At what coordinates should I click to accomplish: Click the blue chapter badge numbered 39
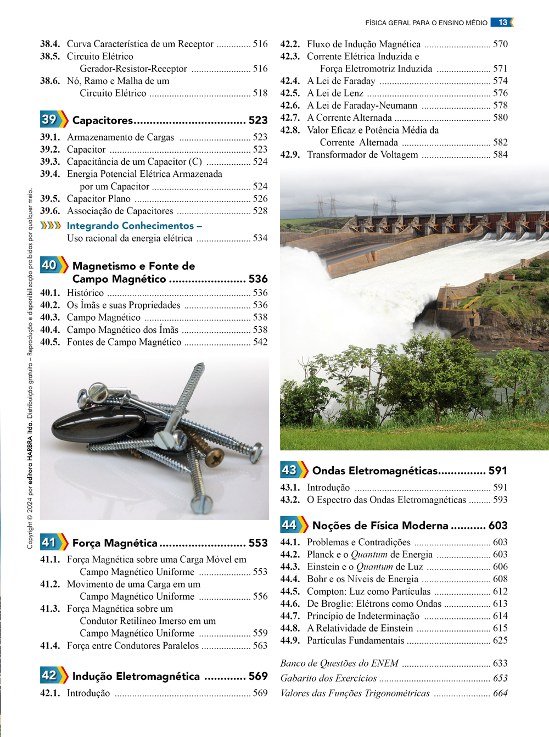(x=50, y=119)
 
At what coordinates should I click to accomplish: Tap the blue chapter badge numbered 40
(x=50, y=265)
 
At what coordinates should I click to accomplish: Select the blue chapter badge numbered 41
(x=50, y=542)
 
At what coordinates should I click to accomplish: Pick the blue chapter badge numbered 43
(x=290, y=470)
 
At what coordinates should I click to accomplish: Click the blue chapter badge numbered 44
(x=290, y=525)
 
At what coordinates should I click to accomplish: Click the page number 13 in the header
(x=502, y=23)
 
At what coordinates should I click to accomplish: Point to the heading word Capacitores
(x=103, y=120)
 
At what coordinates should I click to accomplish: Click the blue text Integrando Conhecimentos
(x=131, y=226)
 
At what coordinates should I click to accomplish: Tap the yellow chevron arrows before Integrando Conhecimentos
(x=51, y=226)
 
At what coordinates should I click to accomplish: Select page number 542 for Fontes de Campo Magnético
(x=260, y=342)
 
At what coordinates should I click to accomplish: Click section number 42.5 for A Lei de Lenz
(x=290, y=93)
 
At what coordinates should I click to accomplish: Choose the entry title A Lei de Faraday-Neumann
(x=362, y=105)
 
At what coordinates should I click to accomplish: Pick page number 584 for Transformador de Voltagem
(x=500, y=155)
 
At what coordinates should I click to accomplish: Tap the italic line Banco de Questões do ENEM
(x=339, y=663)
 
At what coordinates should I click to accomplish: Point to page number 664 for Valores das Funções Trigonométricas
(x=500, y=693)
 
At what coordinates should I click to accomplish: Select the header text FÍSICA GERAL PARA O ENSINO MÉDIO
(x=426, y=23)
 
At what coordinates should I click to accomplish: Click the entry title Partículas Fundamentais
(x=355, y=640)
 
